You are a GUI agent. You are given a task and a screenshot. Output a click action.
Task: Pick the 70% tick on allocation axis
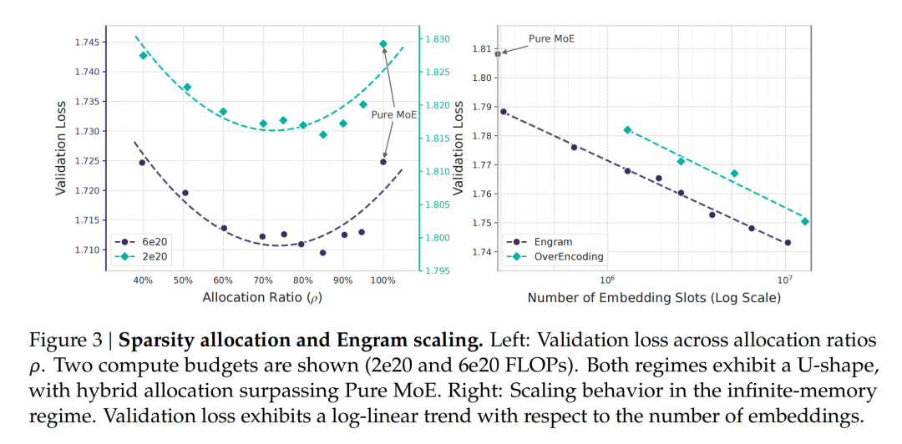[x=262, y=280]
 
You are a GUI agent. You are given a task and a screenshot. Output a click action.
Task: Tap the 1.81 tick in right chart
[x=480, y=49]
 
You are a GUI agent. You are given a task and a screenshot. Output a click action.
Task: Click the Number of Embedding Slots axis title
[x=654, y=297]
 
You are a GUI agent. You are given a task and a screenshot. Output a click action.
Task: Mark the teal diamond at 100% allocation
[x=383, y=43]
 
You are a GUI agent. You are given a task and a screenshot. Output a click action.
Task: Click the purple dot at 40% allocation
[x=142, y=162]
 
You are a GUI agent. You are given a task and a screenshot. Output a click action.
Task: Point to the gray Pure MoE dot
[x=498, y=53]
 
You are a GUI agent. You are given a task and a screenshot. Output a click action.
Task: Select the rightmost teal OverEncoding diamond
[x=805, y=221]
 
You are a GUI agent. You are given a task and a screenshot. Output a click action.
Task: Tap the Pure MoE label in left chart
[x=394, y=114]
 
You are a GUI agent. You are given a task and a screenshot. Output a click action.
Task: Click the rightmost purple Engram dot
[x=788, y=243]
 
